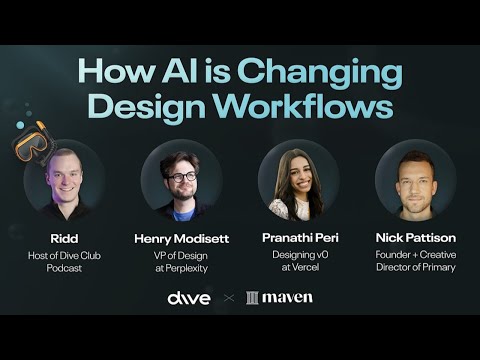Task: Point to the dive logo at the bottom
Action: click(x=189, y=297)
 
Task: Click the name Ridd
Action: click(x=64, y=238)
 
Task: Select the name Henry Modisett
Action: click(x=181, y=238)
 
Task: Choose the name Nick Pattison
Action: click(x=415, y=238)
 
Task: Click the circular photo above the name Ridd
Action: click(x=64, y=181)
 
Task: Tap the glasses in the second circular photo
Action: click(x=182, y=176)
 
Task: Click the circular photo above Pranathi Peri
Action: click(x=298, y=181)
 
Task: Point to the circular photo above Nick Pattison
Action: click(x=415, y=181)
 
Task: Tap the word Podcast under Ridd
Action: click(x=64, y=267)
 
